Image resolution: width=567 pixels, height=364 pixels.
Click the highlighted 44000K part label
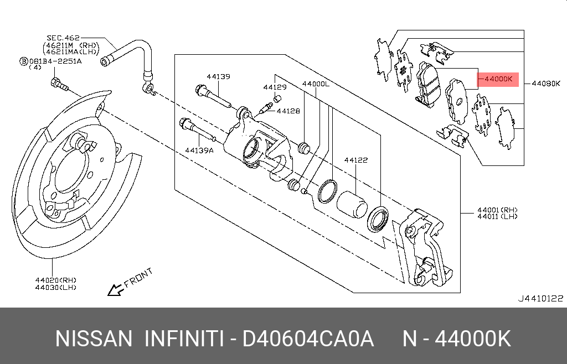(498, 79)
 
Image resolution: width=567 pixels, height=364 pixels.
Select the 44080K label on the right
(545, 84)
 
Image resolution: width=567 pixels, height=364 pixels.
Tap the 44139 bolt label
(218, 76)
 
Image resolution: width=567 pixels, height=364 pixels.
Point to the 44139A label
(199, 150)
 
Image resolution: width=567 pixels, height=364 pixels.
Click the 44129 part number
(275, 87)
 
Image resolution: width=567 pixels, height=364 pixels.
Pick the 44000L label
(316, 84)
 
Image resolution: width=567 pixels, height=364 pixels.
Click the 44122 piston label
(355, 160)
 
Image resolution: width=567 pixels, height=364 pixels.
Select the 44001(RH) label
(497, 210)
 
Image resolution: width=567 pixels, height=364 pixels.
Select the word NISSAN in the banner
(94, 338)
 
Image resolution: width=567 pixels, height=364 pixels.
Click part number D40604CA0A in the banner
(308, 338)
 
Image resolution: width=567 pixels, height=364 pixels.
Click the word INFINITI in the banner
(184, 338)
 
